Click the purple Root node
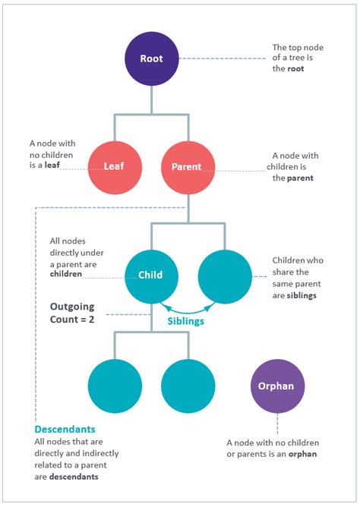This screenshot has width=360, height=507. point(151,58)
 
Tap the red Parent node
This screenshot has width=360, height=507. point(188,166)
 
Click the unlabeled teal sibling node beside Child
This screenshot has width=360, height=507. point(224,276)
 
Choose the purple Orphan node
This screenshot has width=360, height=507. point(278,386)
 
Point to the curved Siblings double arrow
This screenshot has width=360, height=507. point(188,307)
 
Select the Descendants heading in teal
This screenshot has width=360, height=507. point(65,430)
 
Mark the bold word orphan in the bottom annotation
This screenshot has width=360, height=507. point(302,454)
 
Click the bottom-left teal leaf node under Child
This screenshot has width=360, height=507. point(115,386)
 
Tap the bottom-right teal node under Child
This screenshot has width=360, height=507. point(188,386)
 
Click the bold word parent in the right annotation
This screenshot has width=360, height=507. point(302,178)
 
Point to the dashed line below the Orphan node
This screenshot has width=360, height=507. point(278,424)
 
